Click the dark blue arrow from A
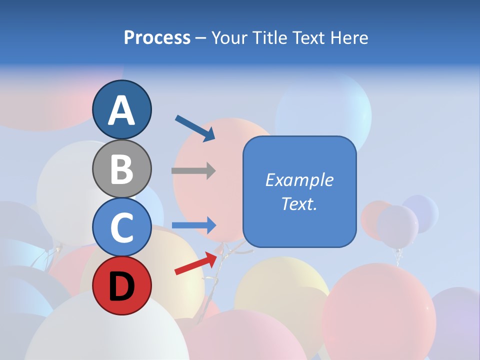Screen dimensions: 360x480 [x=195, y=128]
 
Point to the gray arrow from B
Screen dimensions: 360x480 [x=193, y=170]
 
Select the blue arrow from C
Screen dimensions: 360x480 [x=194, y=225]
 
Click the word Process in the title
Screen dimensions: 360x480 [x=157, y=37]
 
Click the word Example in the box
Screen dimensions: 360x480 [x=299, y=180]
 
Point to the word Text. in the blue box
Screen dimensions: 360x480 [x=299, y=203]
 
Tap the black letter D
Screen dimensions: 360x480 [x=122, y=286]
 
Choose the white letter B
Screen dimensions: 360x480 [x=122, y=168]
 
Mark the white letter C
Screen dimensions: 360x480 [x=122, y=227]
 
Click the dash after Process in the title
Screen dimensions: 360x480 [x=200, y=38]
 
